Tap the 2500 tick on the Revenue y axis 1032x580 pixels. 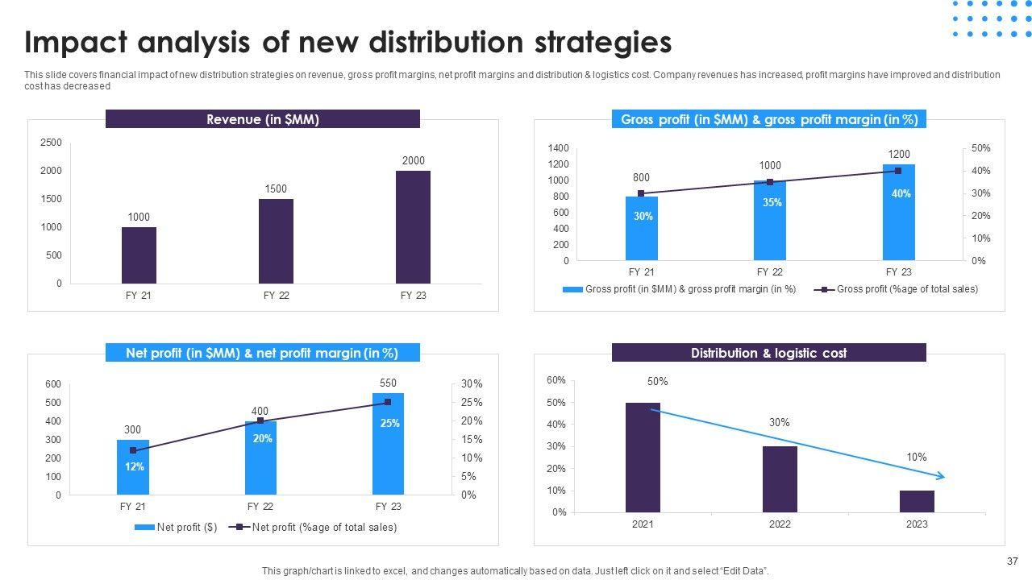pyautogui.click(x=51, y=143)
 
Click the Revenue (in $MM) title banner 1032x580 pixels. pyautogui.click(x=263, y=119)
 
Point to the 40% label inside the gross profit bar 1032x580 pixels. pyautogui.click(x=901, y=194)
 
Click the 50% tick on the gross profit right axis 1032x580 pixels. pyautogui.click(x=980, y=148)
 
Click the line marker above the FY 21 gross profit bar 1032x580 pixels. pyautogui.click(x=641, y=193)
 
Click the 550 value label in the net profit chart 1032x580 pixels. pyautogui.click(x=388, y=383)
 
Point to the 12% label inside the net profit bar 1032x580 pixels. pyautogui.click(x=135, y=466)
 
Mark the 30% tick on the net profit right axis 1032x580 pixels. pyautogui.click(x=472, y=384)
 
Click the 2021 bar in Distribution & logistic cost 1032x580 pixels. pyautogui.click(x=643, y=457)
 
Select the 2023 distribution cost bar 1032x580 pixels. pyautogui.click(x=917, y=501)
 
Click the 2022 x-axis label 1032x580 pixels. pyautogui.click(x=780, y=524)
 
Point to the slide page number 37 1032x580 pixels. pyautogui.click(x=1013, y=562)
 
